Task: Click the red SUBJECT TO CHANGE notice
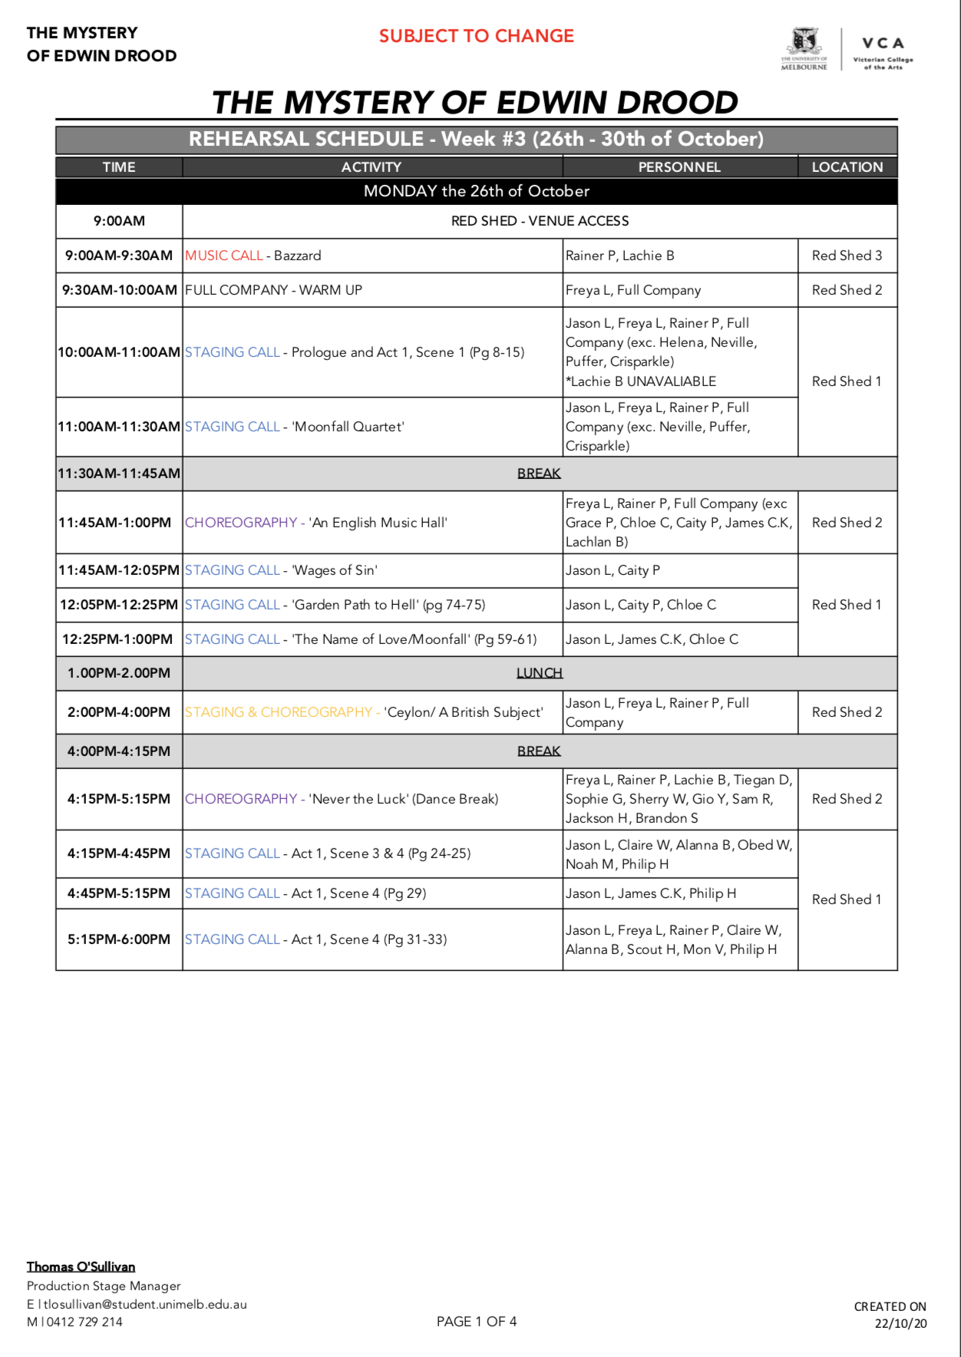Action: click(x=476, y=36)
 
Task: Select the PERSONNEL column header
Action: click(x=679, y=167)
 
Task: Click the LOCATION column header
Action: click(x=847, y=167)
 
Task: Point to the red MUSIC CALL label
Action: click(x=224, y=256)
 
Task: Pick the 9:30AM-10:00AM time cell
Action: click(x=120, y=290)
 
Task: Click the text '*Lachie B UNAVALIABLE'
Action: click(x=641, y=381)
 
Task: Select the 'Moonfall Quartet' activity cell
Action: click(x=372, y=427)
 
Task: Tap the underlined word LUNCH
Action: click(x=539, y=673)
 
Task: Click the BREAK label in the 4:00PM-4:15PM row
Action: click(x=539, y=751)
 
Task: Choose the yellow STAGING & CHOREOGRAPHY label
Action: click(x=278, y=712)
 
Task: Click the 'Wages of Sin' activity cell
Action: click(x=372, y=570)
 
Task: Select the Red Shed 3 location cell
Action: click(x=847, y=256)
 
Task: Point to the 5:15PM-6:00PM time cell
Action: click(x=119, y=939)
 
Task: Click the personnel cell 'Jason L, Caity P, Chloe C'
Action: click(x=641, y=605)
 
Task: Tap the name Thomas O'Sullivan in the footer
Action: click(x=81, y=1266)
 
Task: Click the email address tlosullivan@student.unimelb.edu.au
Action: click(x=145, y=1304)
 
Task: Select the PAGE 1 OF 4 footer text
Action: click(x=477, y=1322)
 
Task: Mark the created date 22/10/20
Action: click(x=900, y=1323)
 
